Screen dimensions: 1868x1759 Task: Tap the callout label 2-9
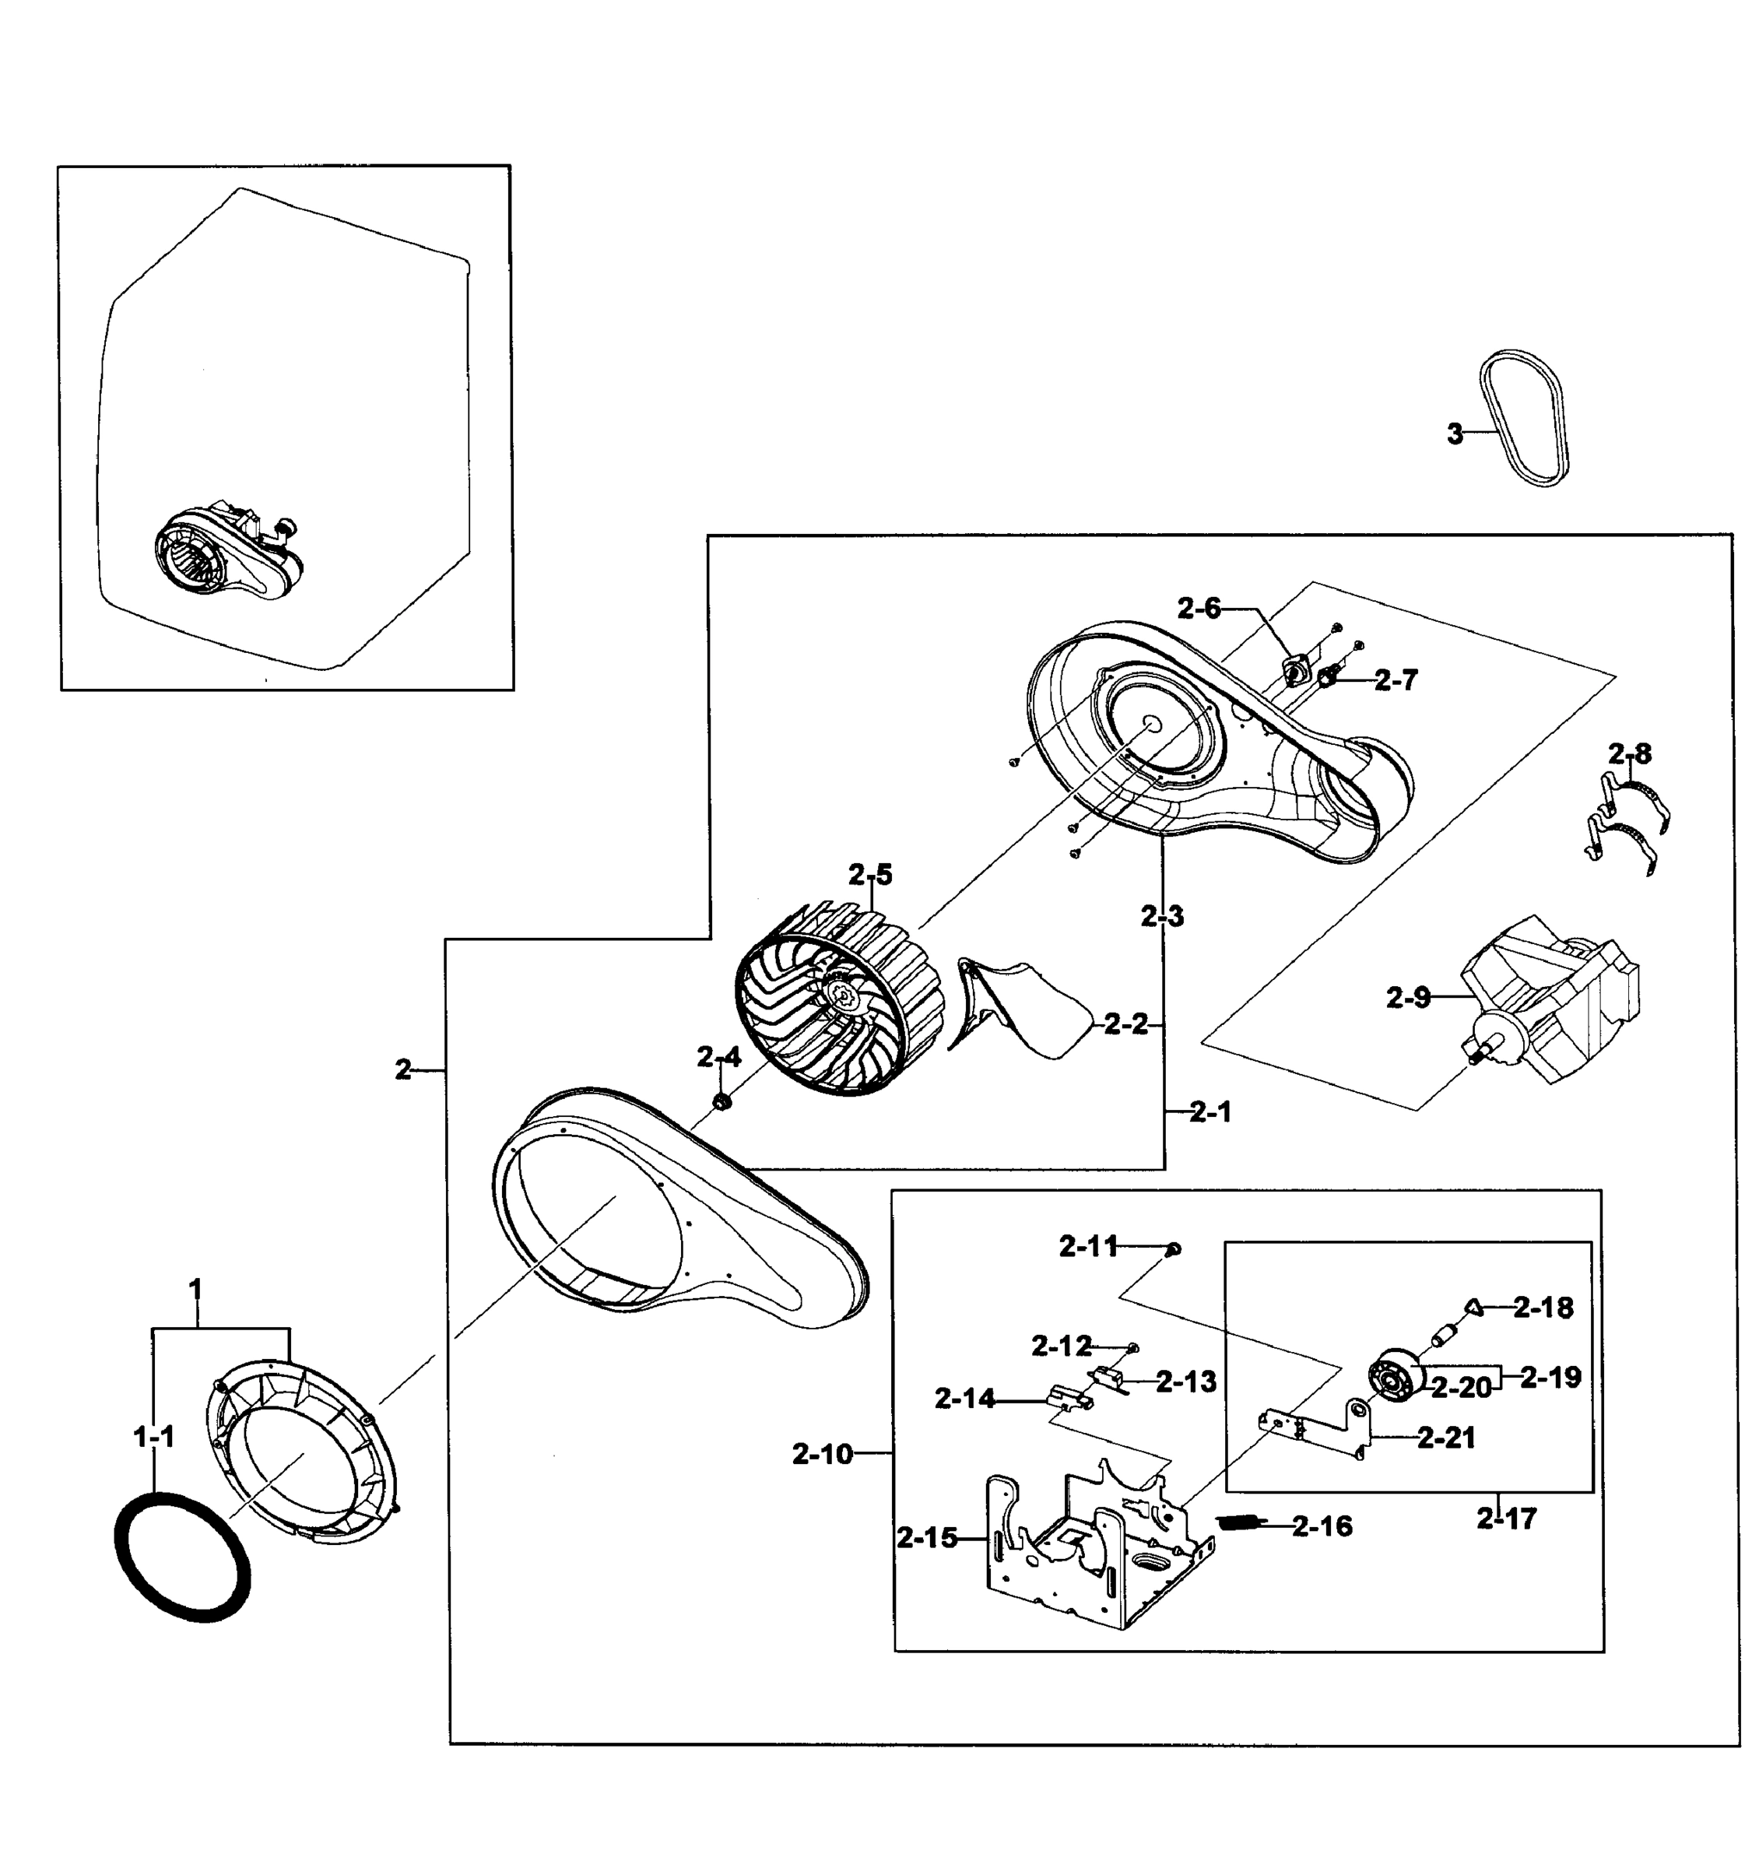1407,998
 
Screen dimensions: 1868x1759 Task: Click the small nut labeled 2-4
722,1101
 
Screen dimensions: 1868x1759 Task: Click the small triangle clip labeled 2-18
1473,1307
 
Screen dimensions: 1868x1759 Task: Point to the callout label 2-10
822,1455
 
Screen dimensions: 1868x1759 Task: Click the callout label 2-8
1629,753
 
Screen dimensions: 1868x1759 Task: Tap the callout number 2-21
1446,1438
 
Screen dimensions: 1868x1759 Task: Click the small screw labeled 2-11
1174,1248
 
